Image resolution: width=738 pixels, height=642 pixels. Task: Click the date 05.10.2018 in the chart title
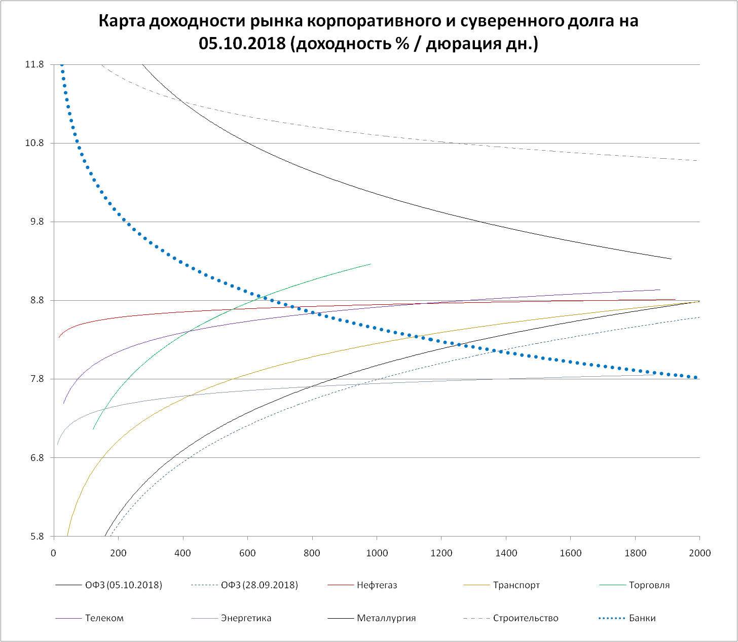242,44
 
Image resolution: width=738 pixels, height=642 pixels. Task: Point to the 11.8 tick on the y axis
34,64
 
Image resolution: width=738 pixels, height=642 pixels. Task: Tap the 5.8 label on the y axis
36,537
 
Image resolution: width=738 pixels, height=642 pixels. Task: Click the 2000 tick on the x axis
700,553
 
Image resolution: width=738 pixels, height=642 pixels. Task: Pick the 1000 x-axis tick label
377,553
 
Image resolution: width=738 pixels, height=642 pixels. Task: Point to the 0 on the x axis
54,553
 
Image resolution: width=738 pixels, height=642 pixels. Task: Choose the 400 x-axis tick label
183,553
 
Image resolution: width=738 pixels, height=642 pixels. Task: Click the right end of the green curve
371,264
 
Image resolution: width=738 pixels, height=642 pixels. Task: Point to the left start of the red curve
59,338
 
